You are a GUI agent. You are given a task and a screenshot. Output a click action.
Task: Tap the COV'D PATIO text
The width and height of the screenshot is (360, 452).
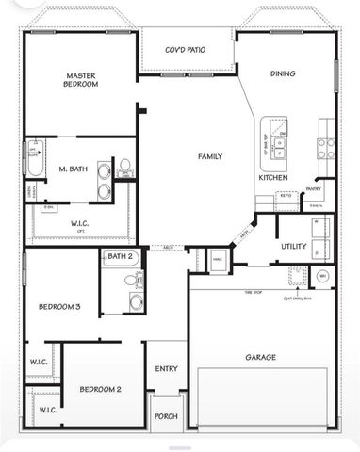click(185, 50)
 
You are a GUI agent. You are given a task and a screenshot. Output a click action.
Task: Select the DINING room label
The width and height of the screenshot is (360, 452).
click(282, 73)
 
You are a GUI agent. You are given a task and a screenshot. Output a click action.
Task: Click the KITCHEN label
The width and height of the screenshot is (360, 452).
click(273, 177)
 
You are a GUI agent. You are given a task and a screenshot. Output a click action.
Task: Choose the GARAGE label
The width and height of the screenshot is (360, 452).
click(261, 357)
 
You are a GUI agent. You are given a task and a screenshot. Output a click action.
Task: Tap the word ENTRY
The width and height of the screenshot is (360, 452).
click(166, 369)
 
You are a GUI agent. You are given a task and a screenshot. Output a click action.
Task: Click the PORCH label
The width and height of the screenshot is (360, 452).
click(166, 415)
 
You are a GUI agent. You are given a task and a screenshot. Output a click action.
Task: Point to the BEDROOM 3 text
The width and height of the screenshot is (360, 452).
click(58, 307)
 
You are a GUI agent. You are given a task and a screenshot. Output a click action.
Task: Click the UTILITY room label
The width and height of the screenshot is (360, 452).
click(293, 246)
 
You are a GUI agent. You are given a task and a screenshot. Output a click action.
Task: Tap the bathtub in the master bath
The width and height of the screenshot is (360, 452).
click(33, 161)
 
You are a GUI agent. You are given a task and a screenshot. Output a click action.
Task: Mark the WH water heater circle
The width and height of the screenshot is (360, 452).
click(323, 276)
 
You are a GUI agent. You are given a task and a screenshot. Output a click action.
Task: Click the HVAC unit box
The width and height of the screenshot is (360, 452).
click(217, 257)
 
